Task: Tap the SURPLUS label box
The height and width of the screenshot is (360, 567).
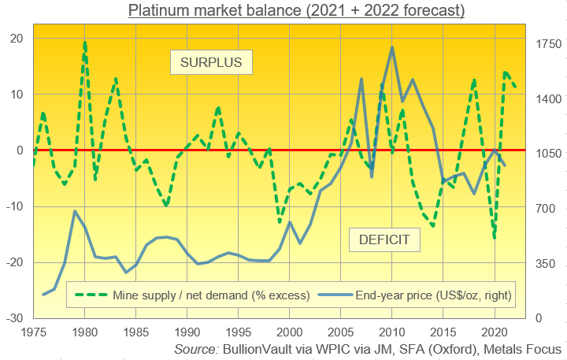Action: click(211, 61)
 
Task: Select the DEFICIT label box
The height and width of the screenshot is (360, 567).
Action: click(384, 239)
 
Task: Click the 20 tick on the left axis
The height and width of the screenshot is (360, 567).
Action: click(17, 39)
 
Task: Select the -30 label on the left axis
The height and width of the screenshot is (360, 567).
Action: click(14, 318)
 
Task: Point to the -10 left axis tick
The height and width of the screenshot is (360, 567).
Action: click(14, 206)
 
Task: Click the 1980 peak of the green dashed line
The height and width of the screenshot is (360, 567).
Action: click(84, 43)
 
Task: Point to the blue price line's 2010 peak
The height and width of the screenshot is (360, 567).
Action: click(392, 47)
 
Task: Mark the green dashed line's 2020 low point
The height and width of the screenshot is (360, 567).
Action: click(495, 237)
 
